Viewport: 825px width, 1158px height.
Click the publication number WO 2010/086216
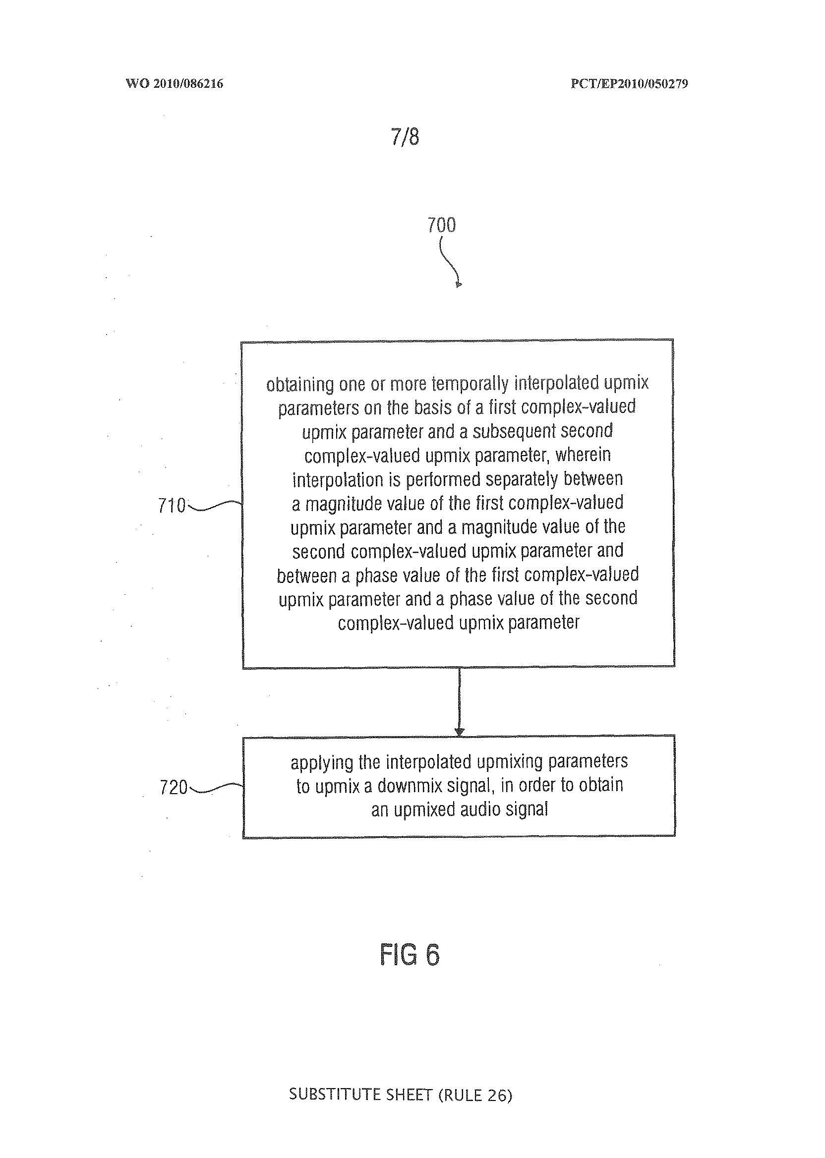click(174, 84)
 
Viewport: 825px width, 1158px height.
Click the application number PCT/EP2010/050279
click(629, 84)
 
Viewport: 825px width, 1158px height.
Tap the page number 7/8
click(405, 137)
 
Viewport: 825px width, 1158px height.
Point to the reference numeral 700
click(441, 225)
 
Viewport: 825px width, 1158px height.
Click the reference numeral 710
click(172, 506)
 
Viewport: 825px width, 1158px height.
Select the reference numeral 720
click(173, 788)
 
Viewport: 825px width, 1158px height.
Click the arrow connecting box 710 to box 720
click(459, 701)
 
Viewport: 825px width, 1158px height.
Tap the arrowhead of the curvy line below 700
click(458, 285)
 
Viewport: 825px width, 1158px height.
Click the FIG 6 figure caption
click(410, 955)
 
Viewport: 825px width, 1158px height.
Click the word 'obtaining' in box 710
click(300, 385)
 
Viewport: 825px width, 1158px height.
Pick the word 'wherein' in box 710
click(583, 455)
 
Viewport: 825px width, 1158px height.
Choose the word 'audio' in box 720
click(481, 810)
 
